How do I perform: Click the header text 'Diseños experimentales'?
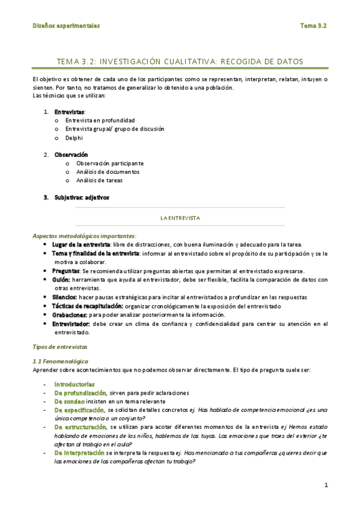tap(66, 26)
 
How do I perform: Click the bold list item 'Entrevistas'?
tap(69, 112)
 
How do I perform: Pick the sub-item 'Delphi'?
tap(74, 137)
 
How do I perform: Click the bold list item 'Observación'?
tap(71, 155)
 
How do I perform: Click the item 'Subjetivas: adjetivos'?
tap(82, 197)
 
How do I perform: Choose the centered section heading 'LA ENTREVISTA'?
tap(180, 217)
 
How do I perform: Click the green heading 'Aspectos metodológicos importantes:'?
tap(84, 236)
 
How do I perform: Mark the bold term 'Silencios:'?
tap(64, 297)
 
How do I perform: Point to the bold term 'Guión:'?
tap(61, 280)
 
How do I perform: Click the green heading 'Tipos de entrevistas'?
tap(59, 347)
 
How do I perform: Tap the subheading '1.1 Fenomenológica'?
tap(59, 360)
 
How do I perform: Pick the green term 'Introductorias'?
tap(75, 384)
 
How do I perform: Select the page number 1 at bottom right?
tap(325, 485)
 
